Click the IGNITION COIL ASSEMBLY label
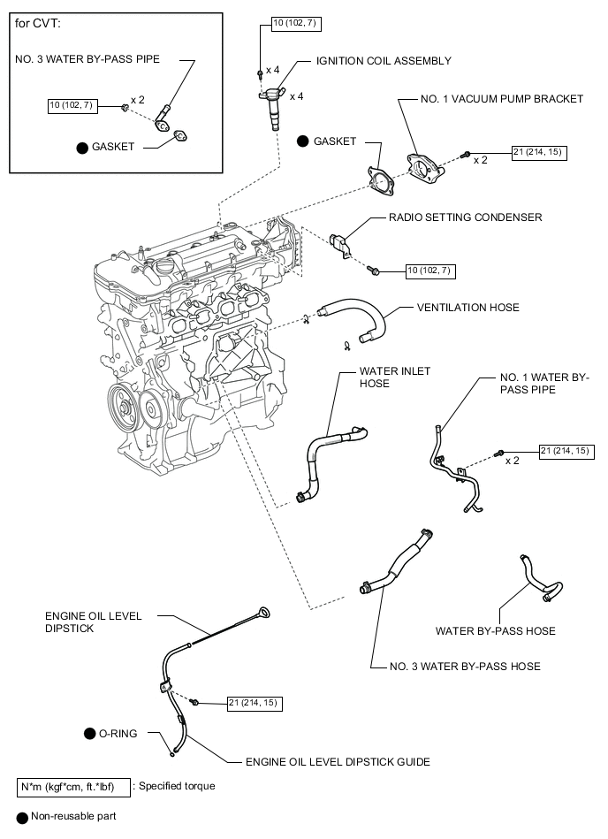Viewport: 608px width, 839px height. [x=384, y=61]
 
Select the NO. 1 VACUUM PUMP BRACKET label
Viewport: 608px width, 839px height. [x=502, y=99]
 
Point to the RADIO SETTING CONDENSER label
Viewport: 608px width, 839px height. [x=465, y=217]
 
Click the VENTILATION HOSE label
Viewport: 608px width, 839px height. [x=467, y=308]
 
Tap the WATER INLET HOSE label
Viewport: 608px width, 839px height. [x=395, y=378]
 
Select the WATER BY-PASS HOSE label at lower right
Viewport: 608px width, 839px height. [x=495, y=631]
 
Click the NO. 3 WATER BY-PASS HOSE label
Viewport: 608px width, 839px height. [x=465, y=667]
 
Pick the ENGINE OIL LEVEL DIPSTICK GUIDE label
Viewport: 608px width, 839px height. [x=338, y=762]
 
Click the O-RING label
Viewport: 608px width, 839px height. [x=118, y=734]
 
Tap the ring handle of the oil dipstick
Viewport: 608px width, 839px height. [x=263, y=613]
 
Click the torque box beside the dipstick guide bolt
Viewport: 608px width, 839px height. [x=255, y=703]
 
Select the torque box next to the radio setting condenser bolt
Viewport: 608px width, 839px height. [x=431, y=271]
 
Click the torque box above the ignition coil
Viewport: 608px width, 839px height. [x=297, y=24]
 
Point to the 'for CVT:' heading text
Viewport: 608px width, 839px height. [x=37, y=24]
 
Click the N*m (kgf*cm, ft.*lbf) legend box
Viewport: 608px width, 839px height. [x=73, y=787]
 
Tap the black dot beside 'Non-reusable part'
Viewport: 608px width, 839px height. [x=22, y=818]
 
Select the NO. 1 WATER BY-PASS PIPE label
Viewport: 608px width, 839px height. [x=544, y=384]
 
